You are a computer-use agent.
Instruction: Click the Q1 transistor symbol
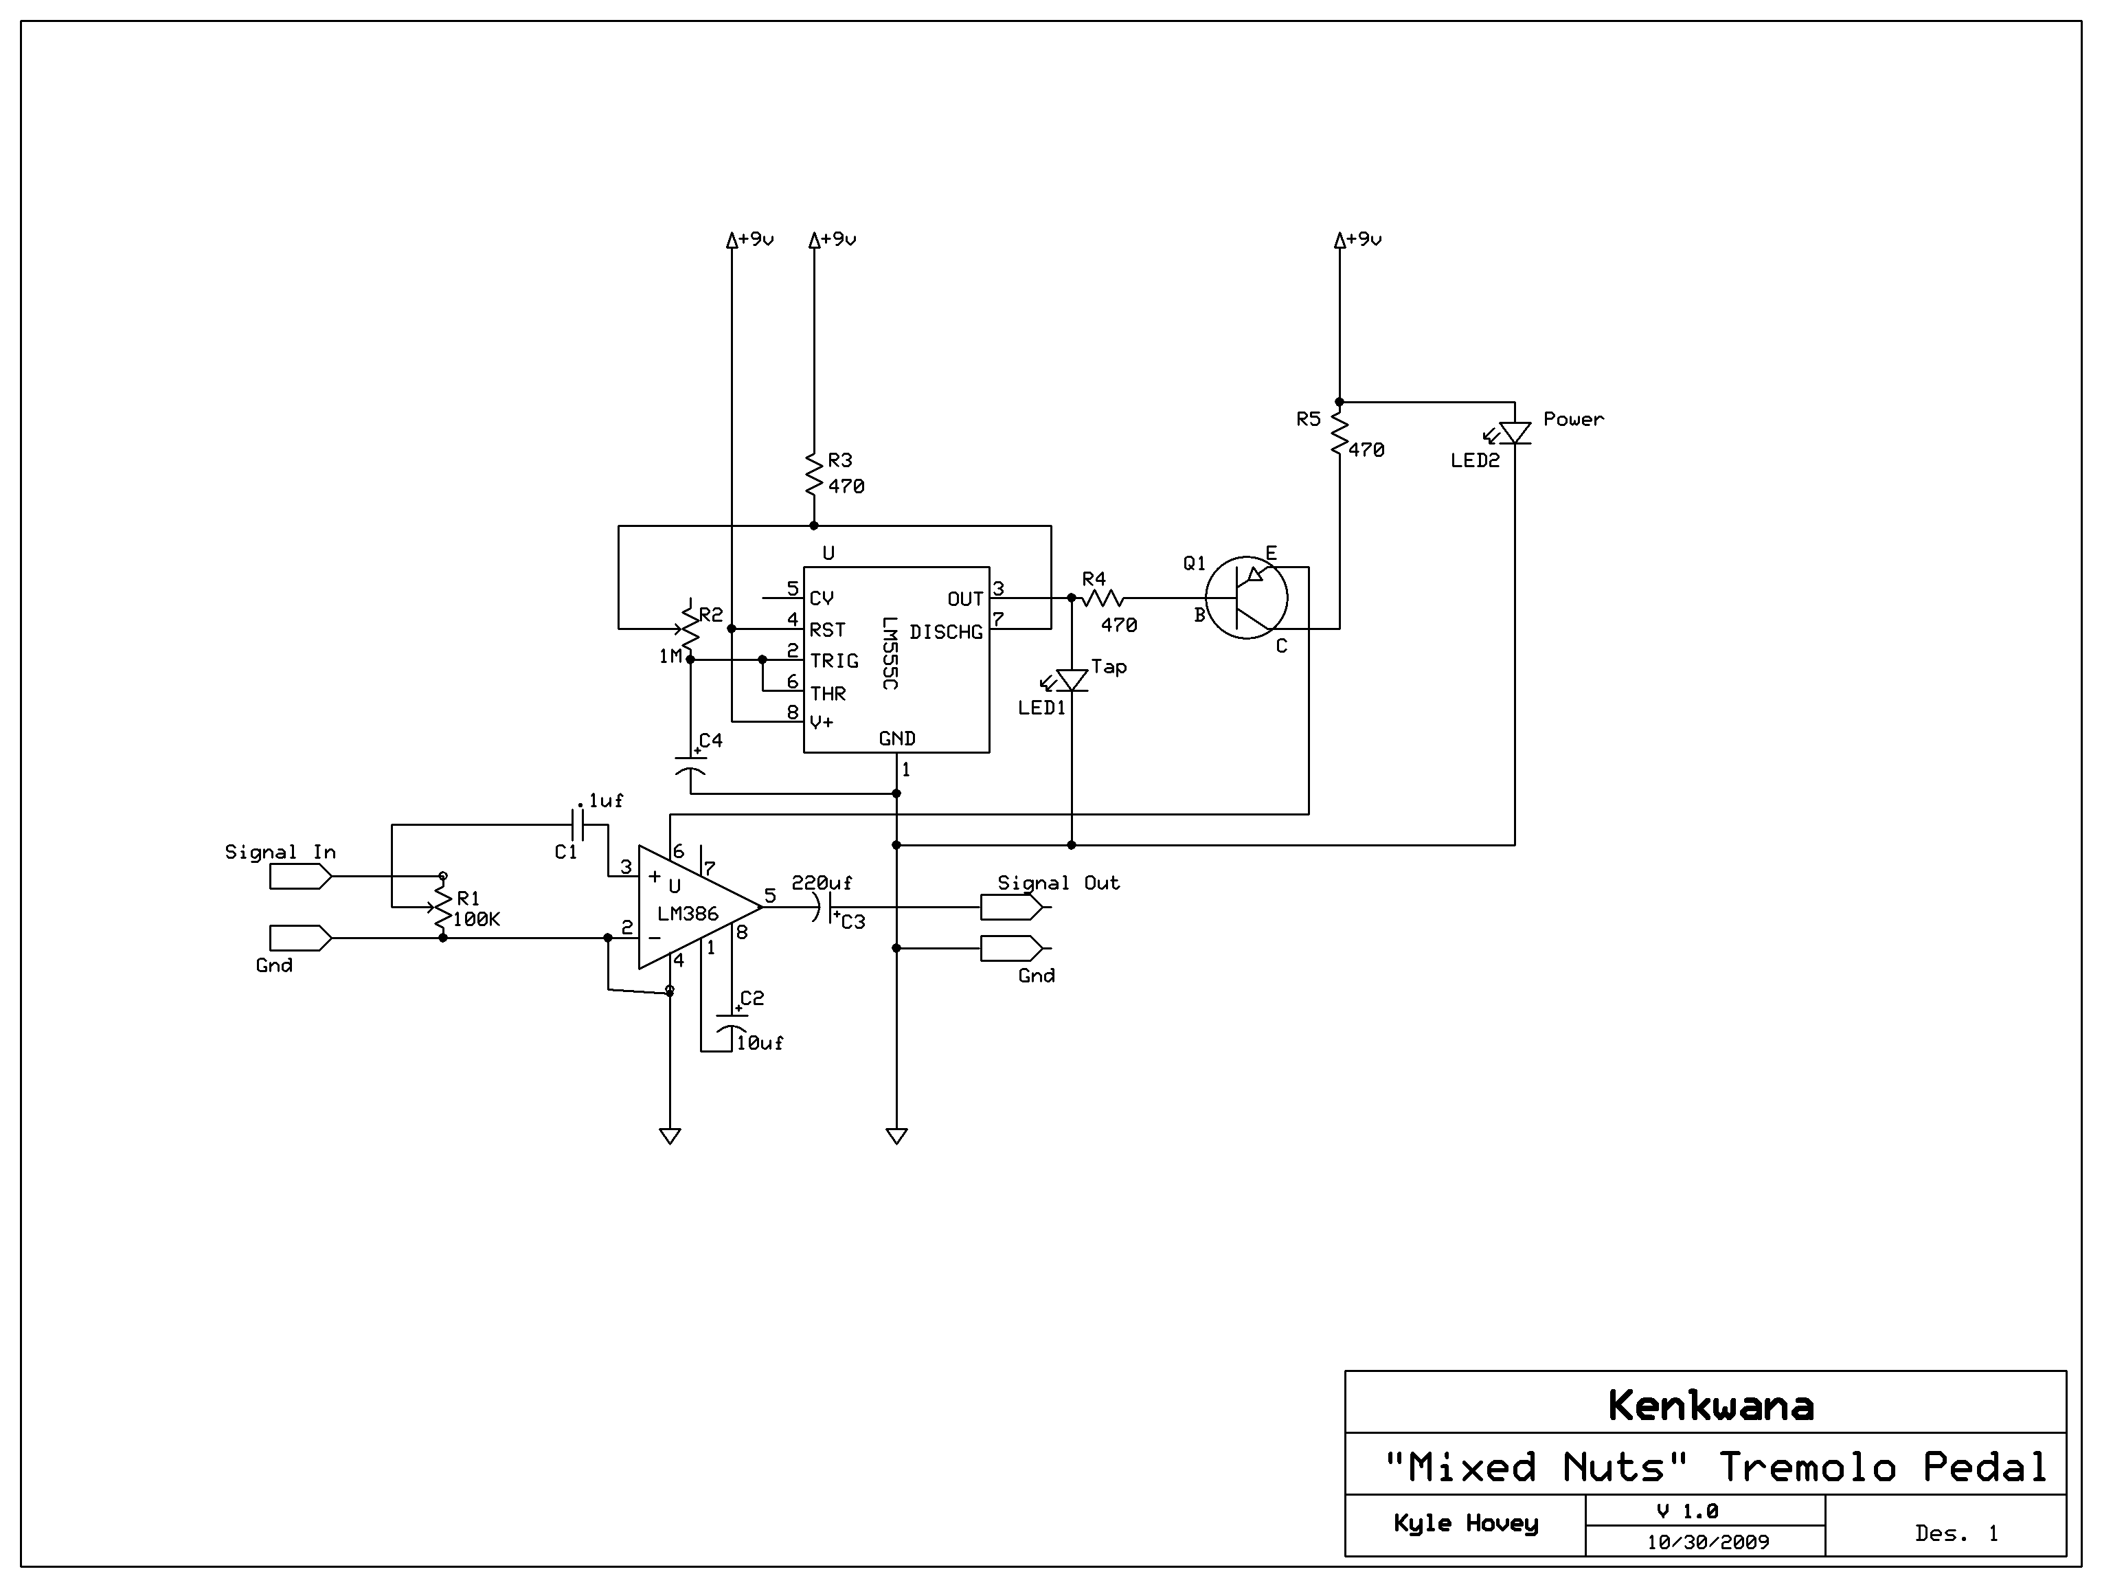1246,598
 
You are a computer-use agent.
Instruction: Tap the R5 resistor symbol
1340,434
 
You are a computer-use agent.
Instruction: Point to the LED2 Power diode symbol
1515,434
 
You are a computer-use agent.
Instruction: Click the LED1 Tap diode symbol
1072,680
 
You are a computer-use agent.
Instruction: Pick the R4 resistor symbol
1103,598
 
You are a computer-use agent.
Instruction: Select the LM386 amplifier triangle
692,907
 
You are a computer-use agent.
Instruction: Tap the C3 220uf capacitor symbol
822,907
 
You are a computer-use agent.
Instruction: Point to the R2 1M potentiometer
690,628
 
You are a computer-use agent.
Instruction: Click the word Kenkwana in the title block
1710,1406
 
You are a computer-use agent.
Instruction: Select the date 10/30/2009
1708,1542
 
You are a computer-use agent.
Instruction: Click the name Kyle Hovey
1465,1523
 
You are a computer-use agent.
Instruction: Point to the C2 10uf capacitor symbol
732,1026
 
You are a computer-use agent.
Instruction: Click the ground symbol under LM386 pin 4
670,1136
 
